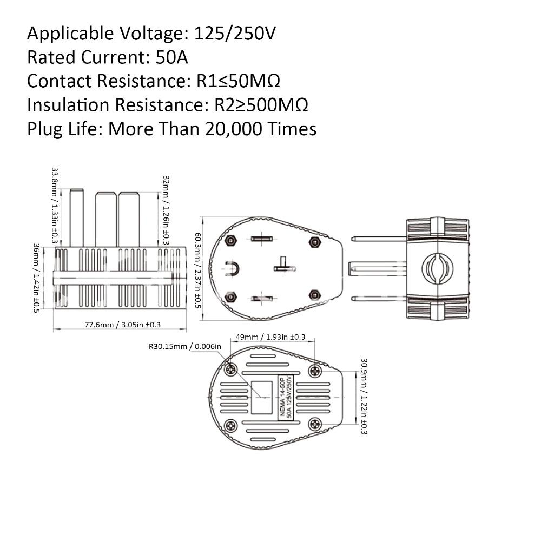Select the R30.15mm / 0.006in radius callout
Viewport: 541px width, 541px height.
pyautogui.click(x=185, y=347)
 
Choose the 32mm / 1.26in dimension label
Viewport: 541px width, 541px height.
pyautogui.click(x=167, y=210)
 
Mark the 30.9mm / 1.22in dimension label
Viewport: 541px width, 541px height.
pyautogui.click(x=364, y=397)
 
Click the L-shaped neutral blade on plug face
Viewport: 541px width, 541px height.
pyautogui.click(x=282, y=265)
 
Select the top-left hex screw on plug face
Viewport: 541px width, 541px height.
pyautogui.click(x=231, y=240)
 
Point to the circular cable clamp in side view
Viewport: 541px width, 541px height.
pyautogui.click(x=436, y=268)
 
